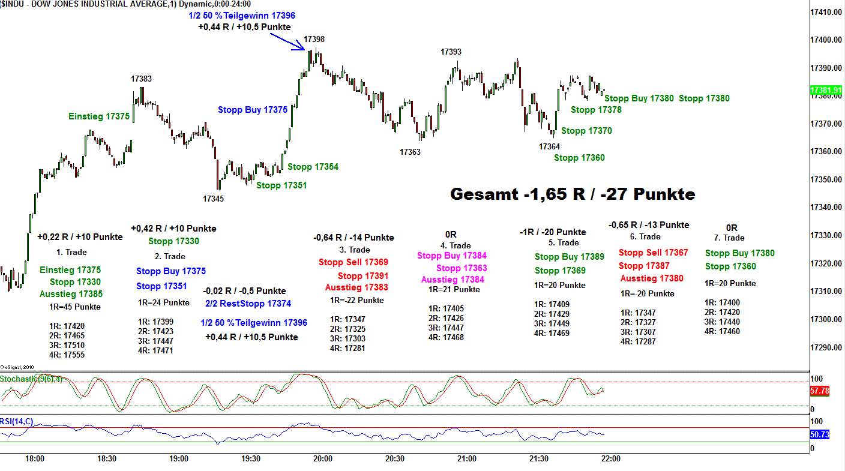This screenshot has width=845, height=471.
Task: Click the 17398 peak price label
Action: tap(314, 40)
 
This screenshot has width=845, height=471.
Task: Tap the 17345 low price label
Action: tap(213, 199)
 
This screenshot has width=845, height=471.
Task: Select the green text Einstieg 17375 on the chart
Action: tap(99, 116)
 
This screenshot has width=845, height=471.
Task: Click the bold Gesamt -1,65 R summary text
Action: tap(573, 194)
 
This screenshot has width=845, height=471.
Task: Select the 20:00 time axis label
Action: tap(323, 459)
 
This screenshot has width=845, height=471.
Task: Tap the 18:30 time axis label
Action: tap(107, 459)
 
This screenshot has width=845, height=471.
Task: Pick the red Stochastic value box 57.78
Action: tap(819, 391)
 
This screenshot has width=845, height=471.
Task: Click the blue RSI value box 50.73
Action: tap(819, 434)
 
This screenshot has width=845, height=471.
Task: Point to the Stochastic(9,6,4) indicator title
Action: tap(31, 379)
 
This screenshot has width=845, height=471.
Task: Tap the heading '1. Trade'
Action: tap(71, 253)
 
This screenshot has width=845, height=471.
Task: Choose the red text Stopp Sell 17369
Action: tap(353, 262)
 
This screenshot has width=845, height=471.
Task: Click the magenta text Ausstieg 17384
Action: tap(453, 280)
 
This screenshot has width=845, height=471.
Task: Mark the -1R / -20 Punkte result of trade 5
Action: tap(553, 232)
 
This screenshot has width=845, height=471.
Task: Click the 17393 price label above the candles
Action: tap(451, 52)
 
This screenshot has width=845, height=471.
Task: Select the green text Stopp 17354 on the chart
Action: tap(313, 167)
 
